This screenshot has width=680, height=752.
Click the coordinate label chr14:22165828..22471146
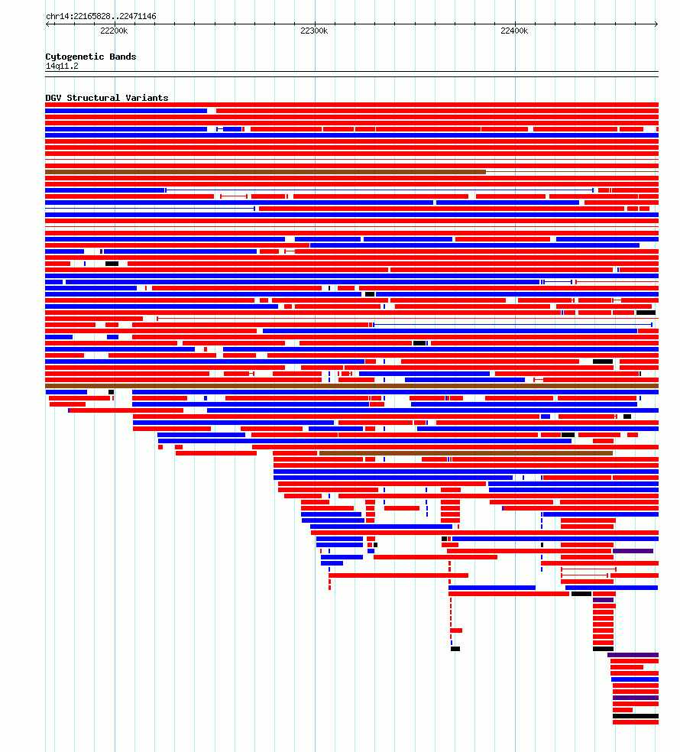click(101, 16)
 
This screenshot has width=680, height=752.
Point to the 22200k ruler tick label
click(114, 31)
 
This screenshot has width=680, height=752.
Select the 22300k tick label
click(314, 31)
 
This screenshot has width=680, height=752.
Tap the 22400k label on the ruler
click(514, 31)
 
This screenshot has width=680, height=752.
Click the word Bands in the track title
click(123, 57)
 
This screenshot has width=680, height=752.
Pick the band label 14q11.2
click(62, 66)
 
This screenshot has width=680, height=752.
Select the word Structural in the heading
click(93, 98)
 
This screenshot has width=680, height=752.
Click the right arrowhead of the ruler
click(656, 24)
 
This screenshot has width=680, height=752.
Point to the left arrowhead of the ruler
click(47, 24)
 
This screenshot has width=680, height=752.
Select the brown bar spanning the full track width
click(351, 386)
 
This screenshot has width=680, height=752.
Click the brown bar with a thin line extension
click(265, 172)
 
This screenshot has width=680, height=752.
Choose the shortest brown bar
click(465, 453)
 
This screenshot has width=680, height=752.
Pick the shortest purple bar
click(603, 600)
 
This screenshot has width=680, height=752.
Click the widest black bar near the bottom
click(636, 716)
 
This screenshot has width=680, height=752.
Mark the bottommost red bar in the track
click(636, 722)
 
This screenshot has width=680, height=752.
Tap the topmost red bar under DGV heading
click(351, 105)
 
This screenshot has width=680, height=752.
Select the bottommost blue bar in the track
click(634, 679)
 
